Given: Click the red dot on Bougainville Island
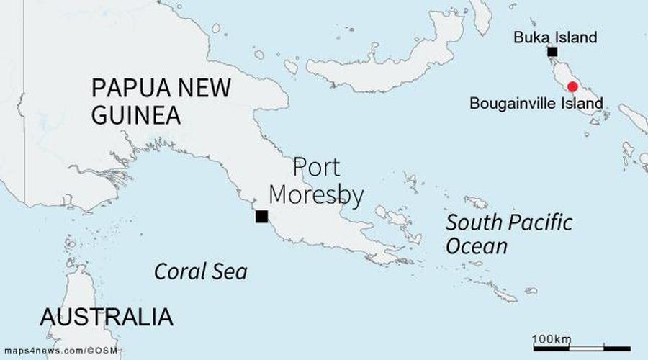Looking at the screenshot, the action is click(x=572, y=87).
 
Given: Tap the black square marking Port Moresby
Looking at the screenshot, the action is click(x=261, y=216).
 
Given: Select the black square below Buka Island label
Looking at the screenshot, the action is click(x=552, y=51).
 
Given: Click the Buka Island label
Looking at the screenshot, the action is click(x=555, y=37).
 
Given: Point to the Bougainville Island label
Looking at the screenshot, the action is click(x=536, y=103).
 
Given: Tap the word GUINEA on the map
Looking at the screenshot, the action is click(x=135, y=115).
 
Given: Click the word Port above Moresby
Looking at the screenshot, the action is click(x=316, y=168).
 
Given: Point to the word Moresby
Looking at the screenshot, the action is click(x=328, y=195).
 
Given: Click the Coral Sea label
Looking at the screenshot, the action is click(x=201, y=271).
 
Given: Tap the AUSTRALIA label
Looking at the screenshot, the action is click(x=107, y=317).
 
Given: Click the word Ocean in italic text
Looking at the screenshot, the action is click(x=477, y=247).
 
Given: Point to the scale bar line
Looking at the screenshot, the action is click(x=581, y=348).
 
